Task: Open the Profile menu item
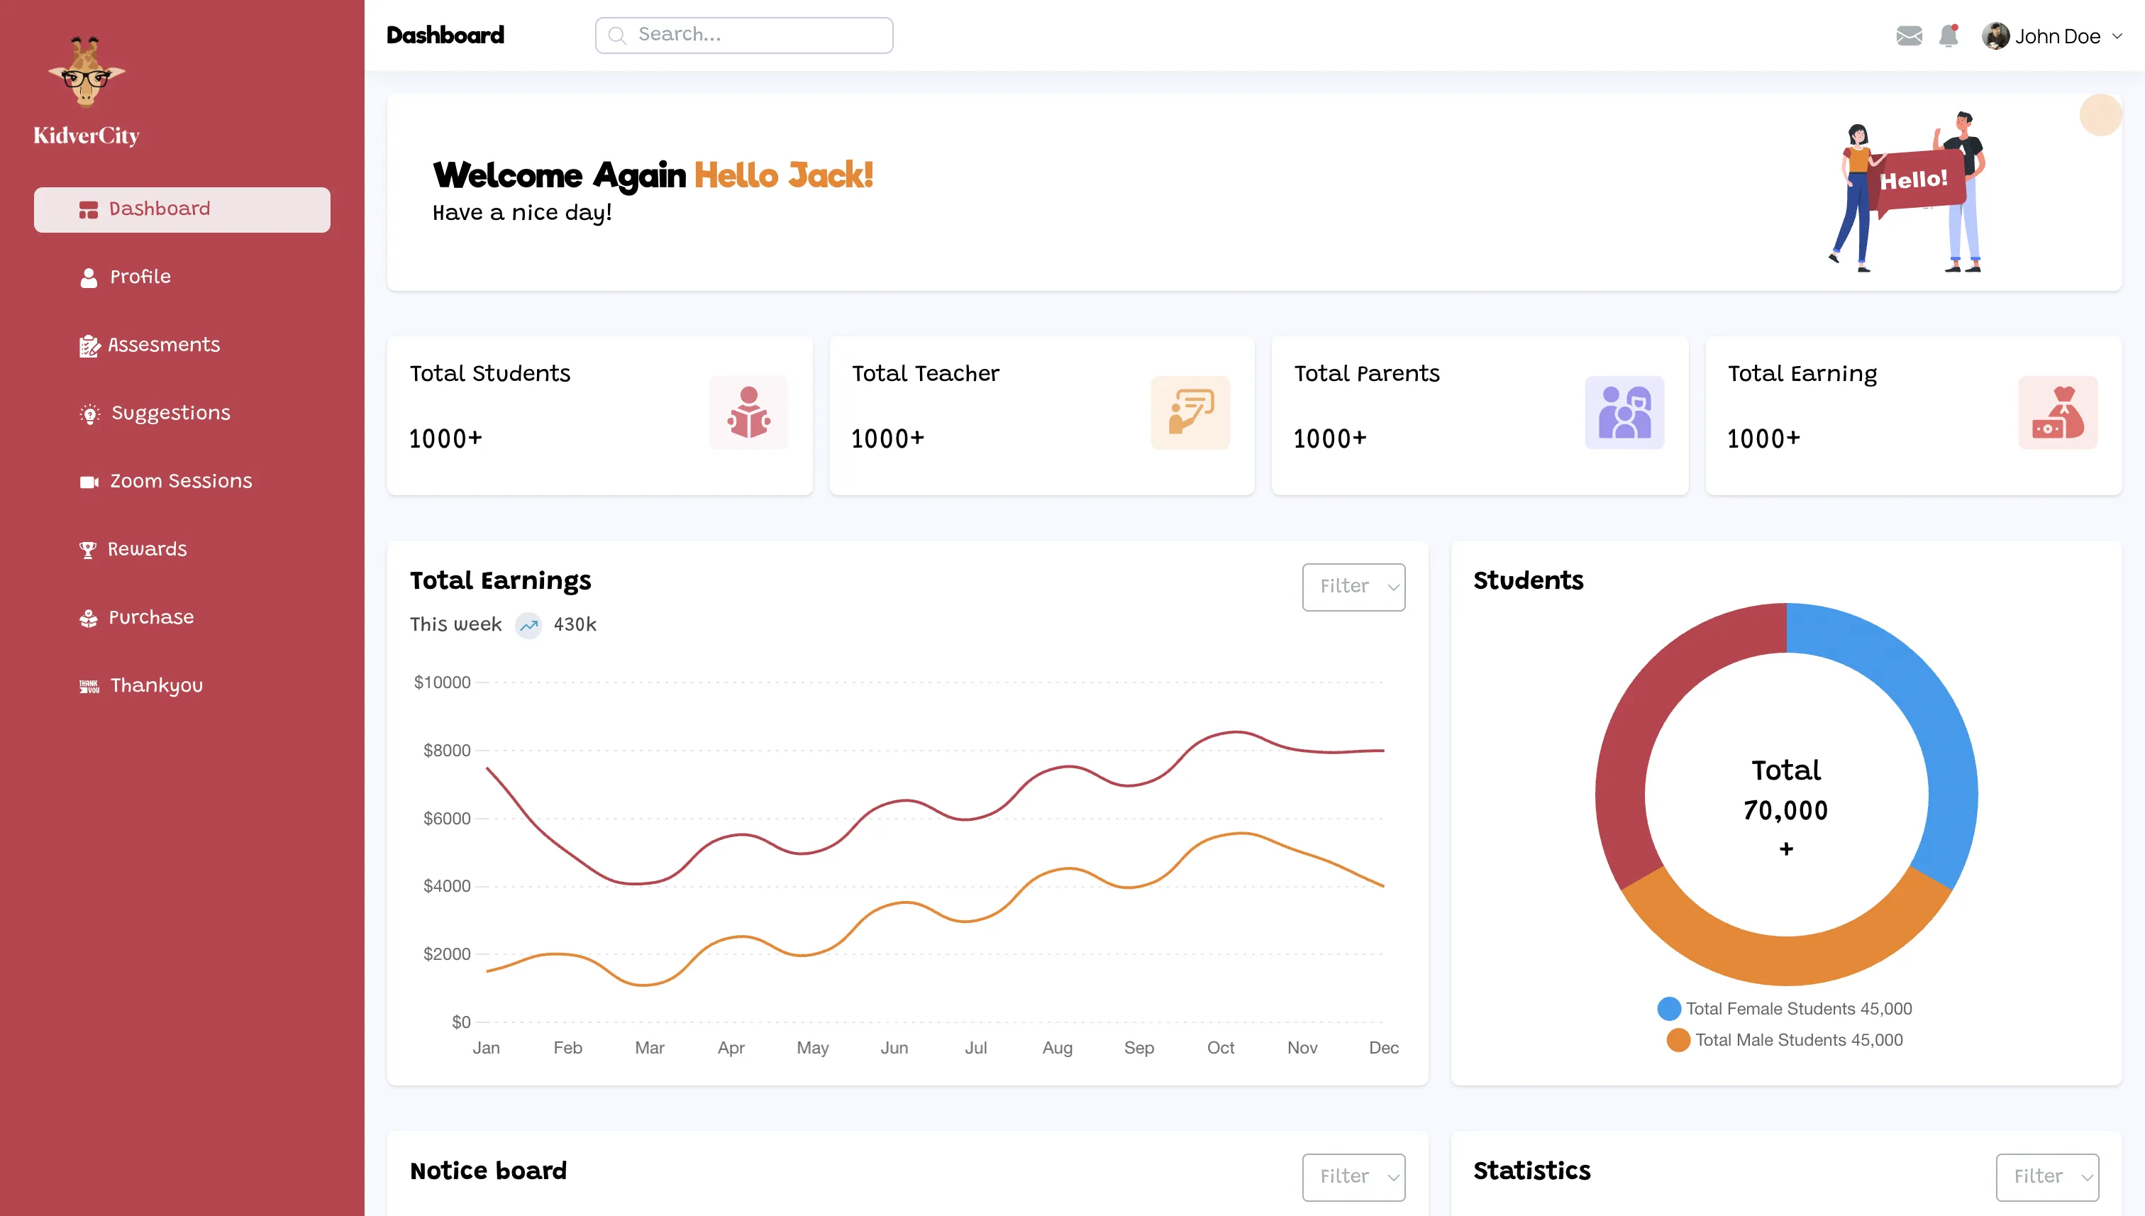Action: pos(140,277)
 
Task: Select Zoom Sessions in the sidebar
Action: pos(180,481)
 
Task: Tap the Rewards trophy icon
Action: pos(88,550)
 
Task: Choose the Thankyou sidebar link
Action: pos(156,685)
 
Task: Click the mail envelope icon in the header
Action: pos(1909,36)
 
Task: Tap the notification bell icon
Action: pos(1949,36)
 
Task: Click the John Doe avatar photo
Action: pos(1995,36)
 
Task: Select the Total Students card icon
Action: pos(748,413)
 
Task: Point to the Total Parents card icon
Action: pos(1624,413)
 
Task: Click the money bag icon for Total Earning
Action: pos(2057,413)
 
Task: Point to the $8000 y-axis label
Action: pos(447,751)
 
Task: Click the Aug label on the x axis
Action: pos(1057,1048)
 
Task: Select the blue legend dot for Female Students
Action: pos(1669,1009)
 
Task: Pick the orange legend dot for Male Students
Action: pos(1678,1041)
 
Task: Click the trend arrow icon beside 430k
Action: pos(528,626)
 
